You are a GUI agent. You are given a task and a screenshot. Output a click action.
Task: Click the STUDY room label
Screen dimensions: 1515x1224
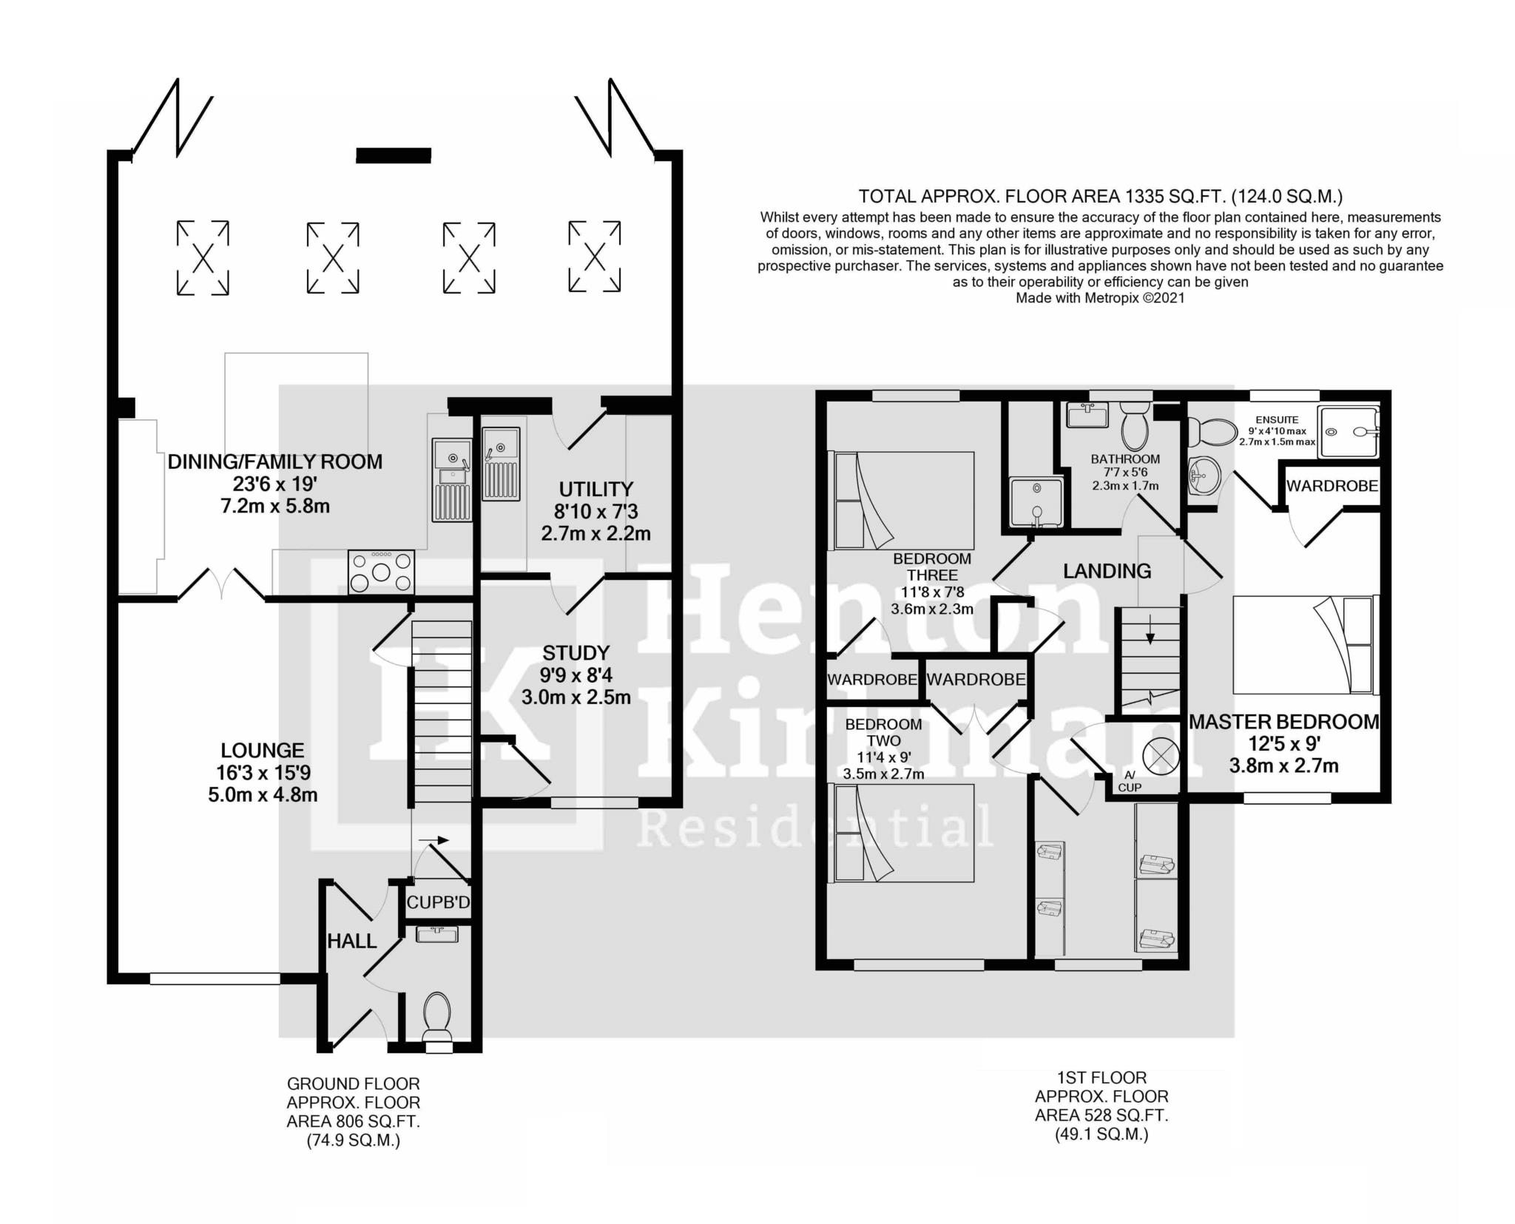[x=576, y=653]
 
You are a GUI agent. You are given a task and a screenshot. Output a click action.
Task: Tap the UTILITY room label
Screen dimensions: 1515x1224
[x=595, y=489]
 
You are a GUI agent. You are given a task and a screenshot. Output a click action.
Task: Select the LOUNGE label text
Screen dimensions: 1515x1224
[x=263, y=751]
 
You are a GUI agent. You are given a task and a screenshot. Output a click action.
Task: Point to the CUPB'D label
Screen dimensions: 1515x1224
[x=438, y=902]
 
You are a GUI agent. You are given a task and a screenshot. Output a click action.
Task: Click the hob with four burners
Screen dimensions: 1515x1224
[x=381, y=572]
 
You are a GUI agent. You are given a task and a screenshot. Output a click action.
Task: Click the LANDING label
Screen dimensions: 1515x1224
[x=1107, y=571]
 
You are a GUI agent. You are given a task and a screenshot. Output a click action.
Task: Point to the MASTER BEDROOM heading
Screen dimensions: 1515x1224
[x=1284, y=722]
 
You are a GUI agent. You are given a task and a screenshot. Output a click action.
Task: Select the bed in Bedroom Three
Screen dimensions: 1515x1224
[x=903, y=501]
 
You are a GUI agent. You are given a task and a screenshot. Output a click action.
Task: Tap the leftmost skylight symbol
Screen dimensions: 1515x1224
[x=203, y=257]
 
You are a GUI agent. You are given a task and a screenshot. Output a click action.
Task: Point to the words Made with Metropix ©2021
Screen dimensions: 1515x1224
[x=1100, y=298]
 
